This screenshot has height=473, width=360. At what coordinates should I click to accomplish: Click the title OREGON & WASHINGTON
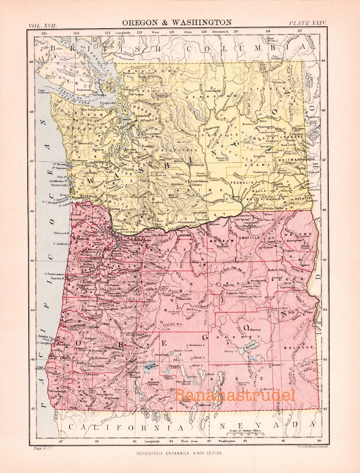(x=177, y=22)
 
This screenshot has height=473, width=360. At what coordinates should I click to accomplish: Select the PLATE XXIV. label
(x=308, y=23)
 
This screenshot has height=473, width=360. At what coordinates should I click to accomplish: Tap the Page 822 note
(x=43, y=449)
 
